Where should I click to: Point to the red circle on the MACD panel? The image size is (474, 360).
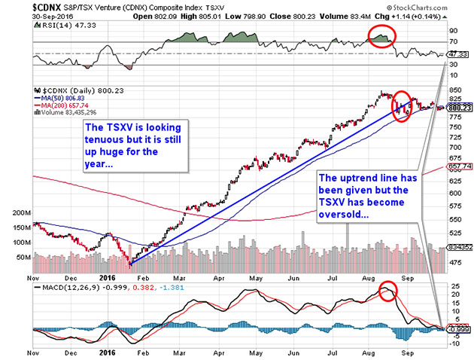pos(387,291)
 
